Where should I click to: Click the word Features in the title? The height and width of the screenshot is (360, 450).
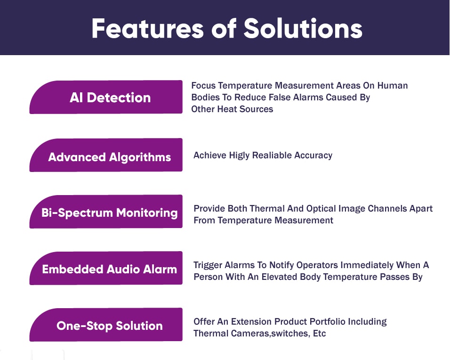[147, 28]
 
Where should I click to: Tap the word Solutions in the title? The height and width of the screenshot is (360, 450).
[303, 28]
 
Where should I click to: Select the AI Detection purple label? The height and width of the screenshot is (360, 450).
[106, 97]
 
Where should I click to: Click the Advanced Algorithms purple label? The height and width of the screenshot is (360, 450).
[106, 155]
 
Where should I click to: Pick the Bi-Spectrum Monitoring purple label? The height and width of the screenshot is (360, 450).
[106, 212]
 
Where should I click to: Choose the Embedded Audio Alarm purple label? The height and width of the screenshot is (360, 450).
[106, 268]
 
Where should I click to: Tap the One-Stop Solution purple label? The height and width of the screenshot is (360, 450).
[106, 325]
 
